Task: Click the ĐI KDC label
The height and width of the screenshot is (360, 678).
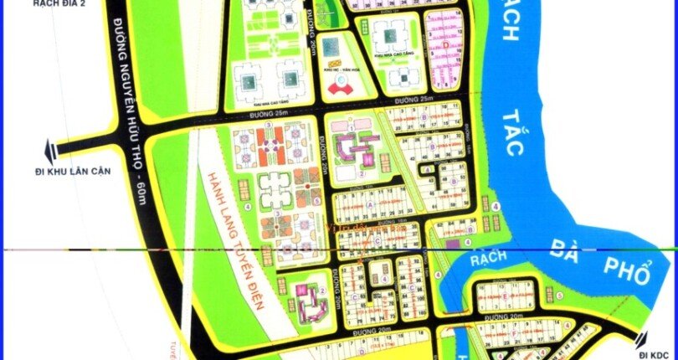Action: click(657, 355)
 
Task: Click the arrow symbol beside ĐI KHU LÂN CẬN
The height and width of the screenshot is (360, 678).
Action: click(52, 151)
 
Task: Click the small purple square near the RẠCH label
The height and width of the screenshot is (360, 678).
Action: click(452, 244)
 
